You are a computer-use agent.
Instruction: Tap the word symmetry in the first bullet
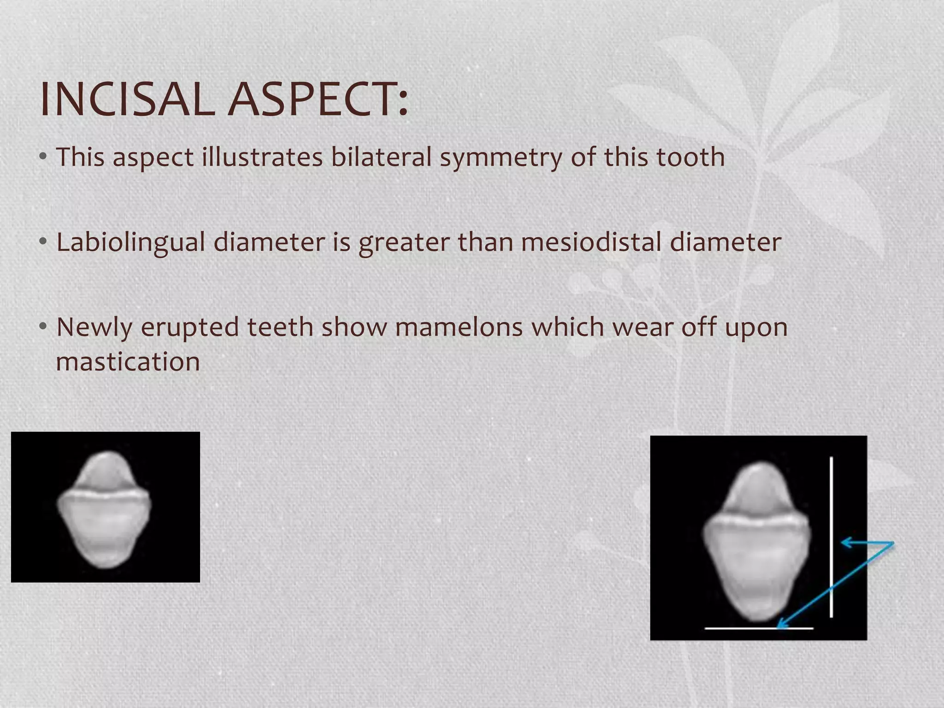pyautogui.click(x=501, y=158)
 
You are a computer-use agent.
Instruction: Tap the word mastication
pyautogui.click(x=128, y=362)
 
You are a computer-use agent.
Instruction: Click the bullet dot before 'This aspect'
pyautogui.click(x=43, y=157)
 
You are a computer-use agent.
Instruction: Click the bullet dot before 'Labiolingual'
pyautogui.click(x=43, y=242)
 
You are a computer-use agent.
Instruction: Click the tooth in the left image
pyautogui.click(x=104, y=512)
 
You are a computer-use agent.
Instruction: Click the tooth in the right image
pyautogui.click(x=756, y=544)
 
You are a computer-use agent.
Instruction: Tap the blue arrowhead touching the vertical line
pyautogui.click(x=844, y=543)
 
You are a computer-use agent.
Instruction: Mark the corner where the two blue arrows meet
pyautogui.click(x=893, y=543)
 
